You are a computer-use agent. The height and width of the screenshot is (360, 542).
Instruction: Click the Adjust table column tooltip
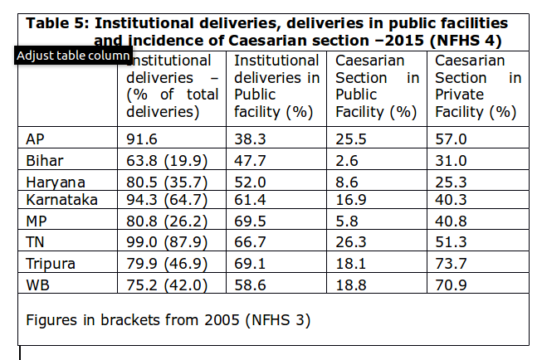(73, 56)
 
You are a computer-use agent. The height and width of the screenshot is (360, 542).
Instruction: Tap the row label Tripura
(51, 264)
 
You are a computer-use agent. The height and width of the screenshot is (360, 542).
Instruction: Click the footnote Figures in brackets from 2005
(168, 319)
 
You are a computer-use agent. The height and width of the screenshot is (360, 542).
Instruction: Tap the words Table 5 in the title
(56, 23)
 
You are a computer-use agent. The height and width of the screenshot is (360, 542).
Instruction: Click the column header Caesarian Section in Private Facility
(477, 85)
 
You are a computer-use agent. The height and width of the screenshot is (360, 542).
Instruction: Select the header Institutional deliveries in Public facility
(276, 85)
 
